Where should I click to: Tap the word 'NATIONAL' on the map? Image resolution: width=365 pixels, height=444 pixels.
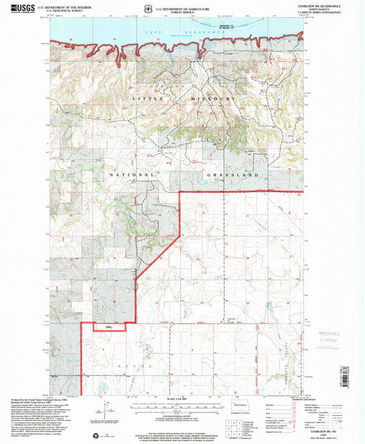tap(131, 175)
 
